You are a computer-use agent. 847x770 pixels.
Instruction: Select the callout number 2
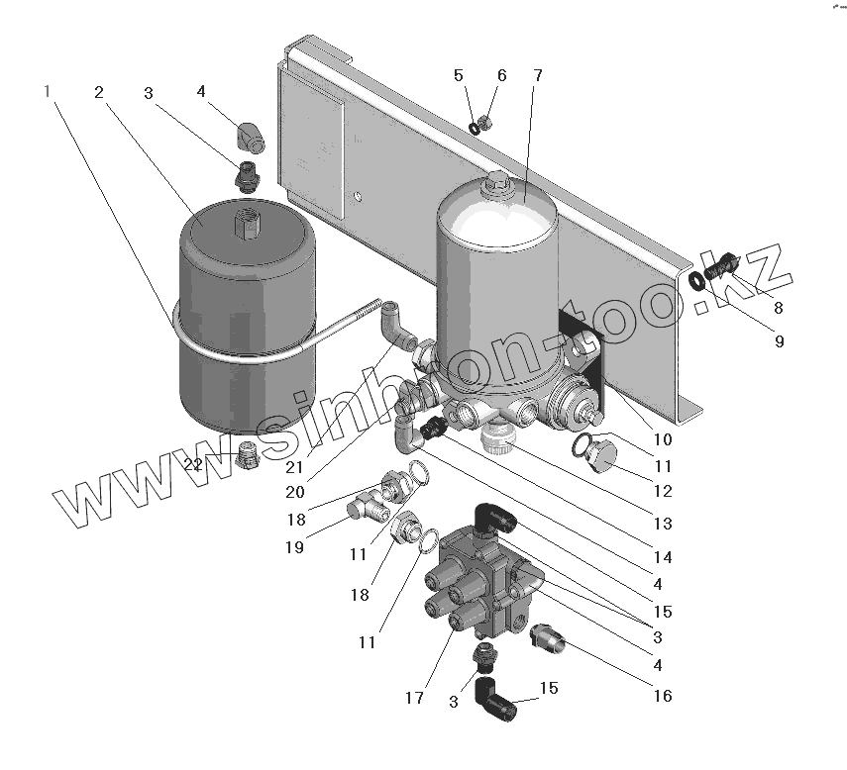pyautogui.click(x=99, y=92)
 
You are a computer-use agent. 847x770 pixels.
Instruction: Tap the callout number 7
pyautogui.click(x=536, y=76)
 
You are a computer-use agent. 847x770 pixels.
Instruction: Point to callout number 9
pyautogui.click(x=779, y=341)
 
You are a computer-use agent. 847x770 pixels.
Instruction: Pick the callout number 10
pyautogui.click(x=662, y=439)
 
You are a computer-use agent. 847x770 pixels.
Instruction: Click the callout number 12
pyautogui.click(x=662, y=491)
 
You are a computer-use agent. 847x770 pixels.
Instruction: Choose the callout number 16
pyautogui.click(x=662, y=696)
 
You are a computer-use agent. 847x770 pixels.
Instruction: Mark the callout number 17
pyautogui.click(x=415, y=698)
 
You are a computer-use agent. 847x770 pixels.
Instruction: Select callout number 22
pyautogui.click(x=194, y=464)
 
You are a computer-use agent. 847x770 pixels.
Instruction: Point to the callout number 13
pyautogui.click(x=662, y=524)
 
